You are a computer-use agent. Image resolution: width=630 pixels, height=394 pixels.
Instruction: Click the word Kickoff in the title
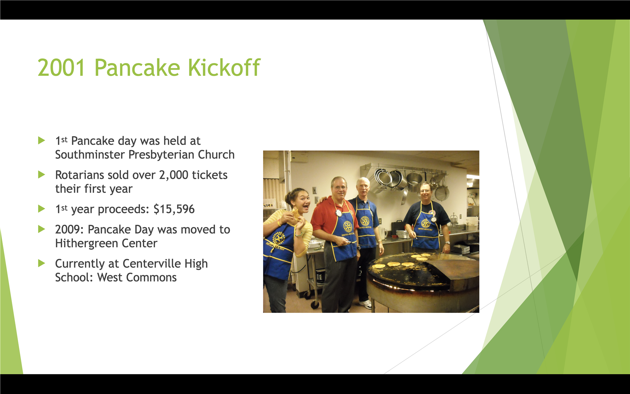tap(224, 68)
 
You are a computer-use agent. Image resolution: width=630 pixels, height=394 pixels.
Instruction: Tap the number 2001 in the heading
tap(61, 68)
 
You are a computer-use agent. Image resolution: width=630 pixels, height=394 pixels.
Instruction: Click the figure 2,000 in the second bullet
tap(173, 175)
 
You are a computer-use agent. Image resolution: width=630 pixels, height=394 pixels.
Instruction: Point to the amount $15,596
tap(174, 209)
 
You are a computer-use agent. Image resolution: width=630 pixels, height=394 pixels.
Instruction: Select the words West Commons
tap(137, 277)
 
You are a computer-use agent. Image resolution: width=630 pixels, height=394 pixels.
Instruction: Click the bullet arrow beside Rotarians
tap(41, 175)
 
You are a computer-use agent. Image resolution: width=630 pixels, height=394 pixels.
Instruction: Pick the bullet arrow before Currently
tap(41, 263)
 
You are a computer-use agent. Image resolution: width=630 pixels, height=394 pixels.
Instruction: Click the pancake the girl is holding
tap(296, 214)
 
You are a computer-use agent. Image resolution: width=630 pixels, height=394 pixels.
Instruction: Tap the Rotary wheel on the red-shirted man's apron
tap(347, 226)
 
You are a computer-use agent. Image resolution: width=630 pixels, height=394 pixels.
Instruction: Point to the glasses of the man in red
tap(339, 188)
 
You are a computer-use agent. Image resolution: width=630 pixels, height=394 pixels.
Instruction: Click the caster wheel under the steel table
tap(315, 304)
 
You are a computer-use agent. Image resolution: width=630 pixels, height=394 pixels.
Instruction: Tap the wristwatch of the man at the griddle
tap(447, 243)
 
